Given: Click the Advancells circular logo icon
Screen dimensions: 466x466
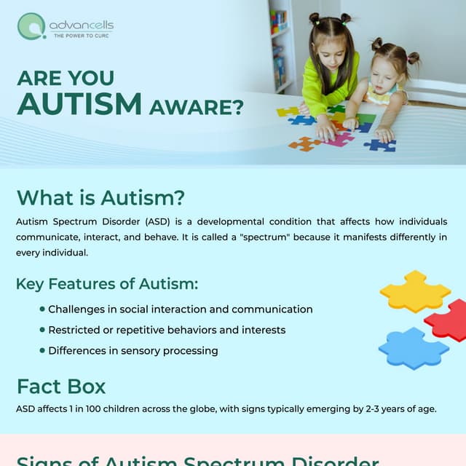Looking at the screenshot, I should pyautogui.click(x=31, y=26).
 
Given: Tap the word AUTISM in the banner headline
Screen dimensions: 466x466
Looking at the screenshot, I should pyautogui.click(x=79, y=103).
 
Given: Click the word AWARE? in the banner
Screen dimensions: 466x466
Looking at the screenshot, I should pyautogui.click(x=196, y=107).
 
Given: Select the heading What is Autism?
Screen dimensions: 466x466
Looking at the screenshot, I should pyautogui.click(x=100, y=197).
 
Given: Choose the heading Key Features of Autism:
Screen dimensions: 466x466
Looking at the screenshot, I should pyautogui.click(x=107, y=284).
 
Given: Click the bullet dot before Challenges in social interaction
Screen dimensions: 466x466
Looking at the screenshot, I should pyautogui.click(x=42, y=309).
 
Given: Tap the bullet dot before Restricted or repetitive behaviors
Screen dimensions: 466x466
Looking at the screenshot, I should pyautogui.click(x=42, y=330).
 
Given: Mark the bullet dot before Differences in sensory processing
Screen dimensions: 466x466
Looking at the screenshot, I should pyautogui.click(x=42, y=350).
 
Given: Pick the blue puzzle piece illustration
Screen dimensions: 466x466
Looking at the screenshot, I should pyautogui.click(x=413, y=348).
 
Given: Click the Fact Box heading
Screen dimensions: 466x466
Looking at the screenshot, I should pyautogui.click(x=61, y=386).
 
